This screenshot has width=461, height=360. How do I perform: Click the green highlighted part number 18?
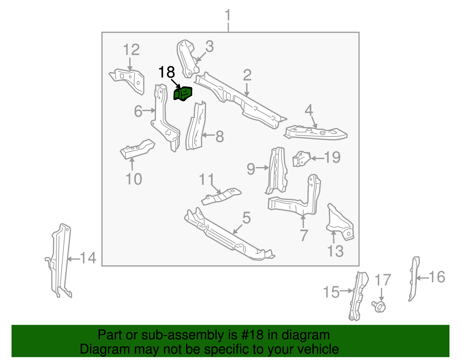coord(183,94)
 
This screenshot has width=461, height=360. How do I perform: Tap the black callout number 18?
coord(167,72)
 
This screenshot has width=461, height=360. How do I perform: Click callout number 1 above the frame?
coord(228,16)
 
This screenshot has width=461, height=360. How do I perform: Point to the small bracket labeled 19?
coord(301,159)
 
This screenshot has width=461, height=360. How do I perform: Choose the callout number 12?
coord(131,50)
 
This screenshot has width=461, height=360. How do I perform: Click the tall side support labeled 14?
coord(61,259)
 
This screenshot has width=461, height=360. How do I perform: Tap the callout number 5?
coord(246,218)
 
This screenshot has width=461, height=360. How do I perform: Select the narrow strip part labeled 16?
coord(414,278)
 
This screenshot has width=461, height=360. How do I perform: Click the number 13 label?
coord(335,251)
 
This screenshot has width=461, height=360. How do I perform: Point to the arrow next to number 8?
coord(209,135)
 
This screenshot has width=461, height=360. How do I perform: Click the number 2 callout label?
coord(247,76)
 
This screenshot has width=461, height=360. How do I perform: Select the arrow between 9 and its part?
coord(262,167)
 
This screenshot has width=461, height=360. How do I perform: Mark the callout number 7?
coord(304,235)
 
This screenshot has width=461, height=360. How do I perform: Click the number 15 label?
coord(331,292)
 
